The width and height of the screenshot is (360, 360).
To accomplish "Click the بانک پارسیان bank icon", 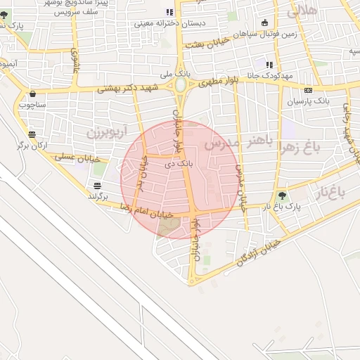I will coord(308,90).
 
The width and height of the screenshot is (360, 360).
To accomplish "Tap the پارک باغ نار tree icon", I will coord(283,196).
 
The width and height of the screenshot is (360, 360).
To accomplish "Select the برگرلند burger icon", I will coord(97,186).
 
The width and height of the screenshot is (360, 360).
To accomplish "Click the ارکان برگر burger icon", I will coord(32,134).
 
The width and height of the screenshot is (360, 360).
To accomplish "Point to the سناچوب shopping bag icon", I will coord(32,94).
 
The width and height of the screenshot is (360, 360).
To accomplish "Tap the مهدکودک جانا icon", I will coord(269,65).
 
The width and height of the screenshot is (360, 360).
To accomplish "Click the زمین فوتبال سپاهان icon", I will coord(264,22).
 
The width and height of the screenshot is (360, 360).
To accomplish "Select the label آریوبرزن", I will coord(108,131).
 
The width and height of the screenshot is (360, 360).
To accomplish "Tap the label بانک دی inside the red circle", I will coord(177,163).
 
